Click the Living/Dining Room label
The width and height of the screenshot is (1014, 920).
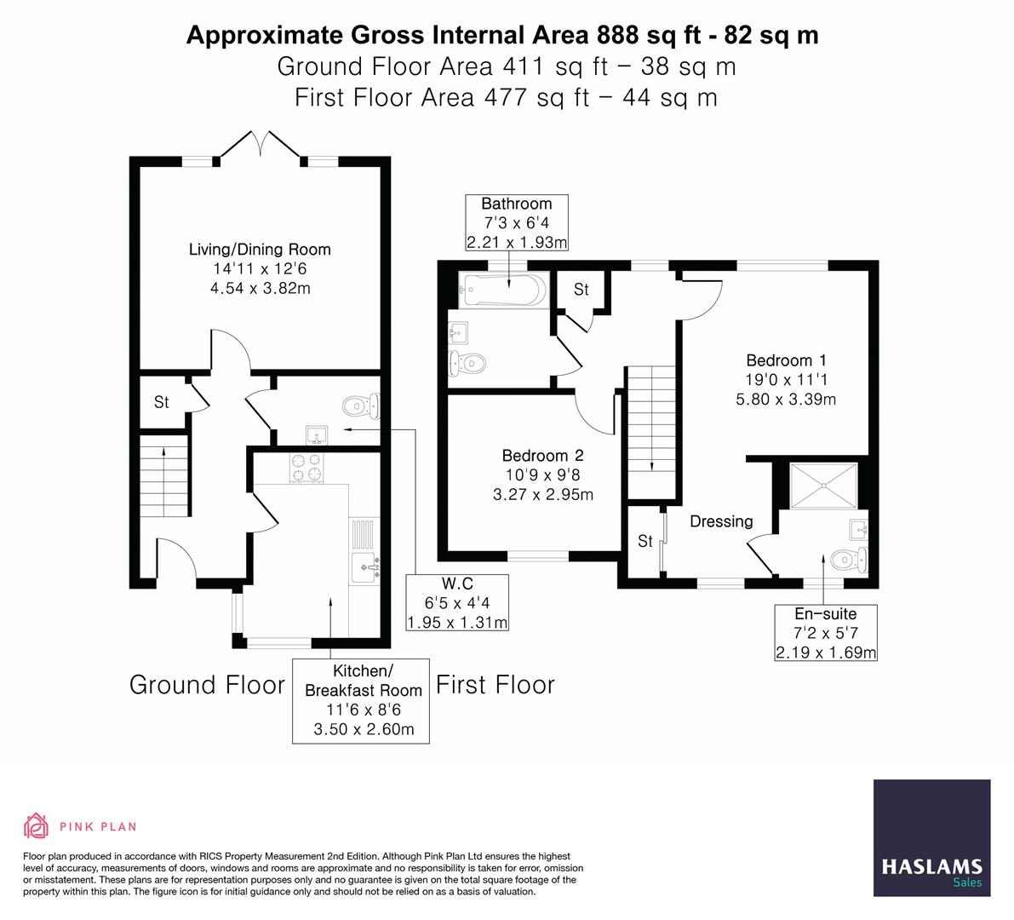click(x=260, y=250)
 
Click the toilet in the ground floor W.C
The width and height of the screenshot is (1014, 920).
click(x=363, y=405)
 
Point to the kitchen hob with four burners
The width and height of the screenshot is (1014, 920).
click(x=307, y=467)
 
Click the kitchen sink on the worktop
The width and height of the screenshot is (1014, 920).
click(x=365, y=564)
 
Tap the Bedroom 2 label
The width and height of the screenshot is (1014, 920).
click(x=542, y=456)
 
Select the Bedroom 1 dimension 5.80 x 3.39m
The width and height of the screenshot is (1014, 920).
click(x=786, y=398)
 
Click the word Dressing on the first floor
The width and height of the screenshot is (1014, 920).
click(x=721, y=521)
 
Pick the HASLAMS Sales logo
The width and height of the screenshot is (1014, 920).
click(x=932, y=838)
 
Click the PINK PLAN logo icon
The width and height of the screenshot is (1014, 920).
click(x=37, y=825)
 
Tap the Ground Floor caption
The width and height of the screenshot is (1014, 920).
click(x=207, y=685)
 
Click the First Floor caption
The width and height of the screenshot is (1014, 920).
click(x=496, y=685)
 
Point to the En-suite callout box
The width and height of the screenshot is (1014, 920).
click(x=825, y=633)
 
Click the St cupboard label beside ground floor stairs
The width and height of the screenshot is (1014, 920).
click(x=162, y=402)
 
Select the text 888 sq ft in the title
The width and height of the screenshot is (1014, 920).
click(x=654, y=35)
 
